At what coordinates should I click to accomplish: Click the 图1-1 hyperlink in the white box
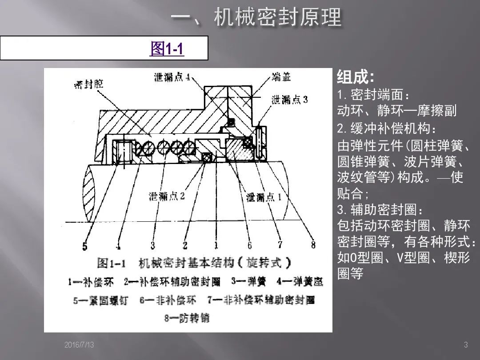point(167,48)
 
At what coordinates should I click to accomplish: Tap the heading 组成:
point(356,77)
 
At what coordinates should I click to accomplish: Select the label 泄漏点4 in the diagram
point(169,77)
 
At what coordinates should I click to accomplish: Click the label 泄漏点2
point(167,196)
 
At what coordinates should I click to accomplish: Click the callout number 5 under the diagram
point(84,246)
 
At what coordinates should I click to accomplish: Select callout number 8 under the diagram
point(313,244)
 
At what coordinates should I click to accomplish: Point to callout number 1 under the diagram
point(216,245)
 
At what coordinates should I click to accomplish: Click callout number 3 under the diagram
point(152,245)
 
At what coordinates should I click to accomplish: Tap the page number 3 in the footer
point(466,345)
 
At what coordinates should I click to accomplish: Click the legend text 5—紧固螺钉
point(100,300)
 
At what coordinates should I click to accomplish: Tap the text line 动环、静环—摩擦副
point(397,111)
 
